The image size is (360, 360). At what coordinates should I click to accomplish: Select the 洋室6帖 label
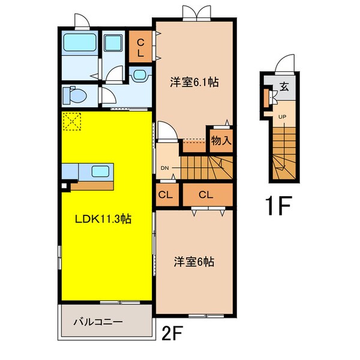click(x=194, y=262)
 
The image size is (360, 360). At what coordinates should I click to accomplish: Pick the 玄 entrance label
click(x=283, y=86)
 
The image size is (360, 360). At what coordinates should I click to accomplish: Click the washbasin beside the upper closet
click(x=139, y=75)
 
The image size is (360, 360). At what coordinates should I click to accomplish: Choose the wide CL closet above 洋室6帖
click(x=206, y=195)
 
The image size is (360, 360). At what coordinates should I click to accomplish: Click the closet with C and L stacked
click(x=140, y=48)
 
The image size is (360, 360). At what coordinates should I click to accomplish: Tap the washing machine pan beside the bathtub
click(x=112, y=43)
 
